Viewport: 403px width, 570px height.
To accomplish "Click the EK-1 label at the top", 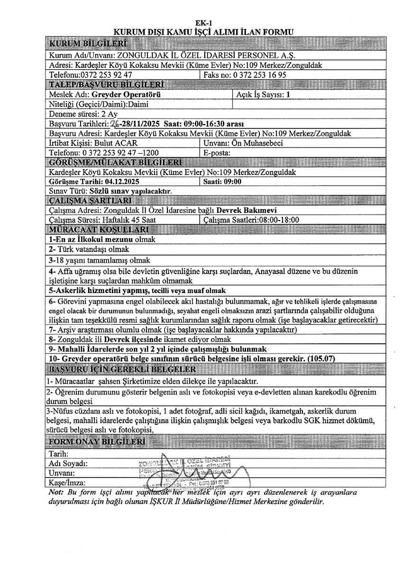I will click(x=202, y=23).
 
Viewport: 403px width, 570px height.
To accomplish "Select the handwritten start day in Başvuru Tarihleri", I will click(x=114, y=124).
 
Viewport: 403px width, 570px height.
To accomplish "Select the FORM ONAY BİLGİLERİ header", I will click(x=96, y=443).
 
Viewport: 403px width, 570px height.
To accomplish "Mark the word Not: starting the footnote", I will click(x=56, y=492).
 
